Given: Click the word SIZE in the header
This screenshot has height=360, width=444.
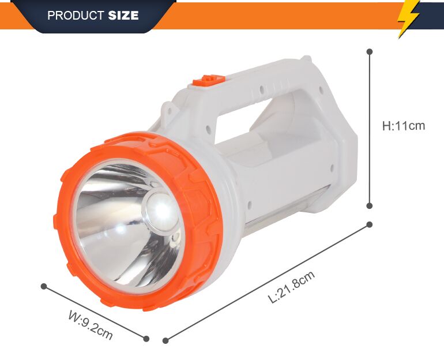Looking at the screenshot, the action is (123, 15).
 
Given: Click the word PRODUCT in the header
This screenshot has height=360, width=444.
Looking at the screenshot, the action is (76, 16).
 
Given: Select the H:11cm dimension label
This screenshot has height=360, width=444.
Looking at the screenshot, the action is (404, 126).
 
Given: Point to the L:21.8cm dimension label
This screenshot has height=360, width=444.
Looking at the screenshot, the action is (291, 287).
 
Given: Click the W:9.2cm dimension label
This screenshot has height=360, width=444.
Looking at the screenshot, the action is (91, 325).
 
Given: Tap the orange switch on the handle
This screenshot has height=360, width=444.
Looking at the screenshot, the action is (209, 80).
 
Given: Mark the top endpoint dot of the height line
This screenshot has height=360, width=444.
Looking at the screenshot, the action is (370, 51).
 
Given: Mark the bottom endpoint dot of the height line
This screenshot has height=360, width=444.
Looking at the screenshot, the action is (369, 205).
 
